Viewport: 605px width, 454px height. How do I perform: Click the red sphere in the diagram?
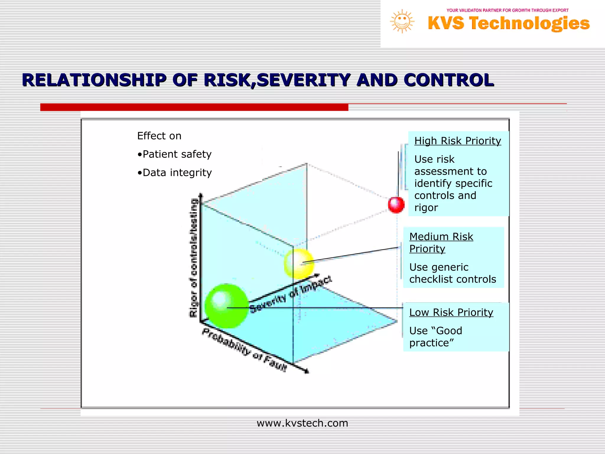[x=396, y=205]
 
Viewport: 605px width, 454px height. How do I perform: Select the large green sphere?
[x=227, y=306]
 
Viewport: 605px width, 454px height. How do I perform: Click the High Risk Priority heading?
[x=457, y=141]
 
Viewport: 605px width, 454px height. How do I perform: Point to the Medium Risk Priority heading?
[x=441, y=243]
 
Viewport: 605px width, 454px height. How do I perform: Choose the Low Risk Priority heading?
[x=451, y=312]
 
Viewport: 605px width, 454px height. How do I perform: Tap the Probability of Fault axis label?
[x=244, y=350]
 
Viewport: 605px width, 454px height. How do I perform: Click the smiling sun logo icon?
[x=402, y=21]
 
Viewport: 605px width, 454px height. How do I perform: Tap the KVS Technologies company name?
[x=508, y=23]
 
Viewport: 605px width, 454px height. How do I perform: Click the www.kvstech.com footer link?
[x=302, y=423]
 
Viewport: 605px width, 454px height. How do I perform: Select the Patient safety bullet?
[x=175, y=154]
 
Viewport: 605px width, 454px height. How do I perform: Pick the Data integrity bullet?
[x=175, y=173]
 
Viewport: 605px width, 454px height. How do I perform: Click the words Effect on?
[x=159, y=136]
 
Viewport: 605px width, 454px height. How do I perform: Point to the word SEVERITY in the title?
[x=303, y=80]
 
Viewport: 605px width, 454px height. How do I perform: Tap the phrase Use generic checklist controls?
[x=452, y=273]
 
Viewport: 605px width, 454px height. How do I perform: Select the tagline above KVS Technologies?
[x=507, y=10]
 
